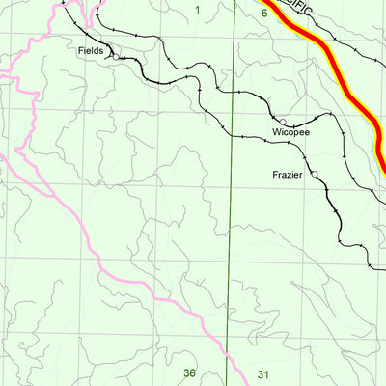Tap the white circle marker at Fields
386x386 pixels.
click(114, 57)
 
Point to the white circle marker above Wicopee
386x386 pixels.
click(283, 121)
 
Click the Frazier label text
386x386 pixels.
click(288, 175)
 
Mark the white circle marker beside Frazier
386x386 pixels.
click(313, 174)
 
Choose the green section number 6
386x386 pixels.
click(263, 13)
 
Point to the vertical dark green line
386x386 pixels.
click(233, 241)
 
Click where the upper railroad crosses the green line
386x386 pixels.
click(234, 93)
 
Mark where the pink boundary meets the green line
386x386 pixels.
click(228, 361)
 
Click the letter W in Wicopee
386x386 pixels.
click(276, 130)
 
